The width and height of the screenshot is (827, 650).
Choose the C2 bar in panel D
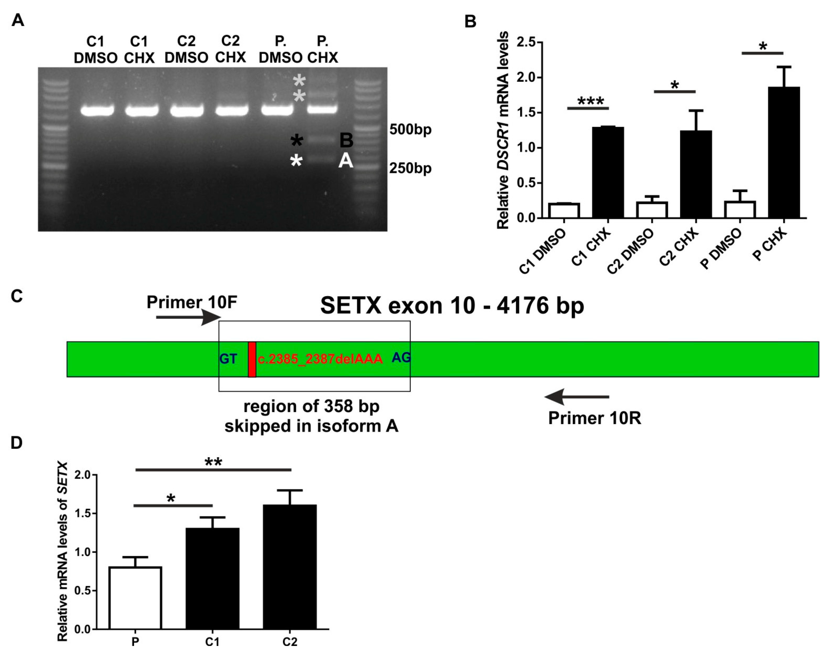click(x=289, y=567)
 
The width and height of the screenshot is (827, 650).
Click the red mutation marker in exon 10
click(x=252, y=359)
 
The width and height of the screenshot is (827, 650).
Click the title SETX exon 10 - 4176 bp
click(x=452, y=306)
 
